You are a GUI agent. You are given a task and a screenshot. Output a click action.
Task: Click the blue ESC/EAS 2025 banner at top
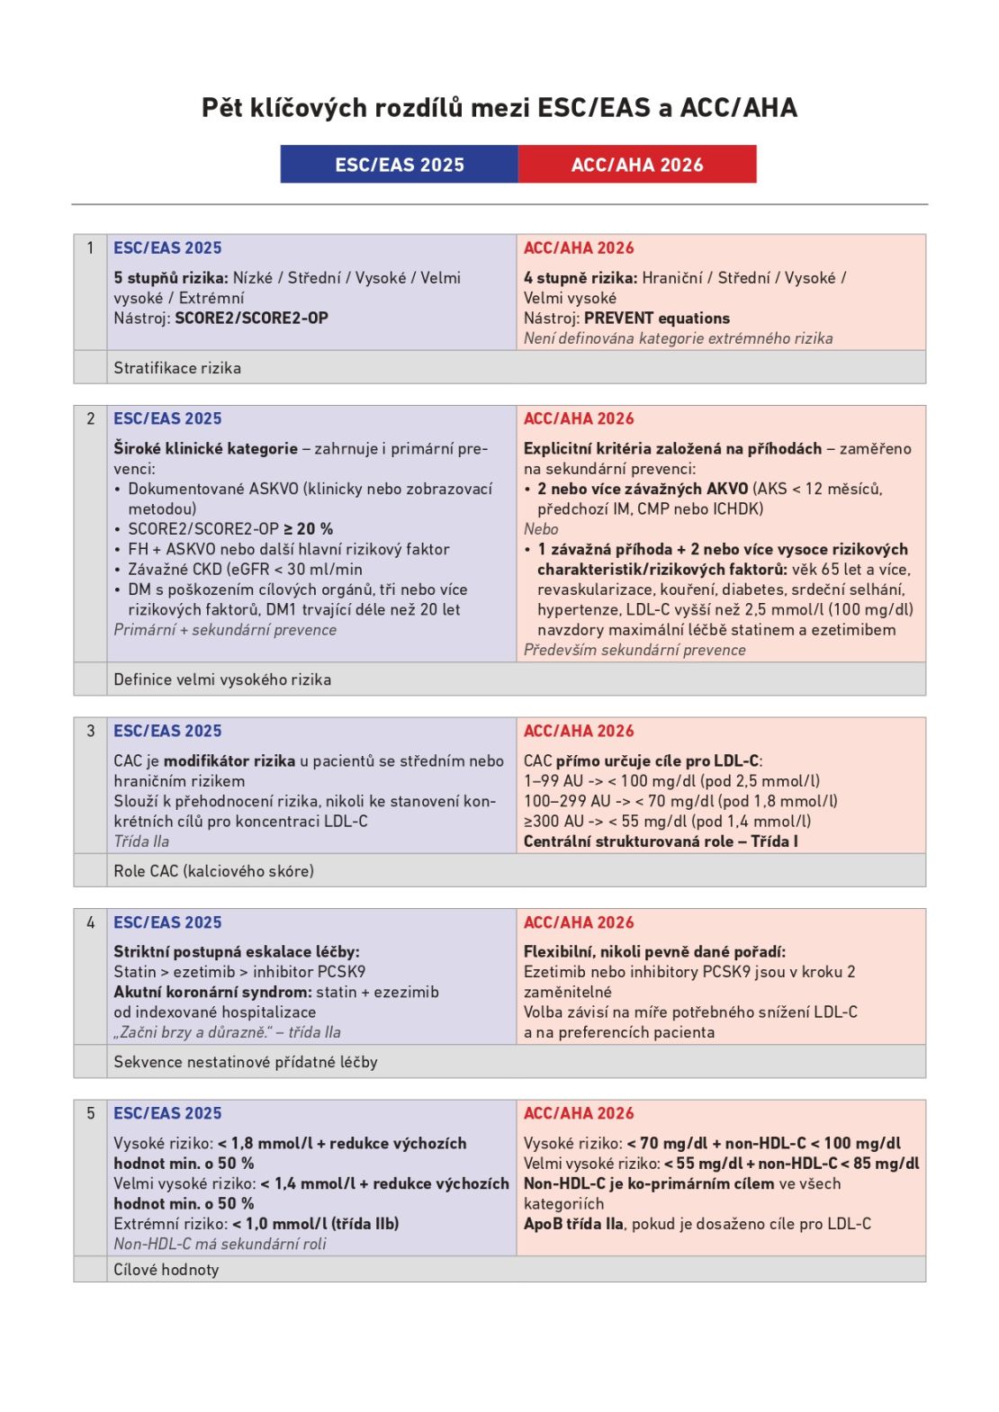(x=399, y=165)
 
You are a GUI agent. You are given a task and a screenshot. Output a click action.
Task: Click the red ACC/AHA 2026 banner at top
(x=637, y=165)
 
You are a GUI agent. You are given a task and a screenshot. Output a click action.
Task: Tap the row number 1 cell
(x=90, y=248)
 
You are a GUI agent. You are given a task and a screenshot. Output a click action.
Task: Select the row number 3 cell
(x=90, y=731)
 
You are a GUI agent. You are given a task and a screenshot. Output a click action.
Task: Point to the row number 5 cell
(x=90, y=1113)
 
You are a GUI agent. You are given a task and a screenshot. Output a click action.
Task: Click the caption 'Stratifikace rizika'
(x=177, y=368)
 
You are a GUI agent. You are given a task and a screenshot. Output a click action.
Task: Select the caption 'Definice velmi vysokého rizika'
(x=222, y=679)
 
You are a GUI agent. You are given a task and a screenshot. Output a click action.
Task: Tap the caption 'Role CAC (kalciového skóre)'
(x=213, y=871)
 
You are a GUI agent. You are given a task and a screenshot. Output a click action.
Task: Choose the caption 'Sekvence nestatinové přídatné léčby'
(x=246, y=1062)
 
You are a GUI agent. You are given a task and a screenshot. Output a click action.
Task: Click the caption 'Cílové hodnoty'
(x=166, y=1270)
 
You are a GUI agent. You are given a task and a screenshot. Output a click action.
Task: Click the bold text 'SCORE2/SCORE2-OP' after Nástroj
(x=251, y=318)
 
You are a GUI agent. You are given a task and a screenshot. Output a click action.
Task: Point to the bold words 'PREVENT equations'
(x=657, y=318)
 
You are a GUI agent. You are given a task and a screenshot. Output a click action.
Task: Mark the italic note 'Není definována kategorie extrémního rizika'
(x=678, y=338)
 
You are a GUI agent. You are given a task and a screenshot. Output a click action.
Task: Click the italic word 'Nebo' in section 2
(x=541, y=529)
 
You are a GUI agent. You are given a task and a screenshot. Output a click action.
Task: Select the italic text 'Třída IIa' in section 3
(x=141, y=841)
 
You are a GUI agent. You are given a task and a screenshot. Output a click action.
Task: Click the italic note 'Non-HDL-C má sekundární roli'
(x=220, y=1244)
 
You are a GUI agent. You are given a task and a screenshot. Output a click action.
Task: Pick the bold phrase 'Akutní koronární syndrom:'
(x=212, y=992)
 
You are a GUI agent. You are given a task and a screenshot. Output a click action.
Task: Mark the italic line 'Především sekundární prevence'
(x=634, y=650)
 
